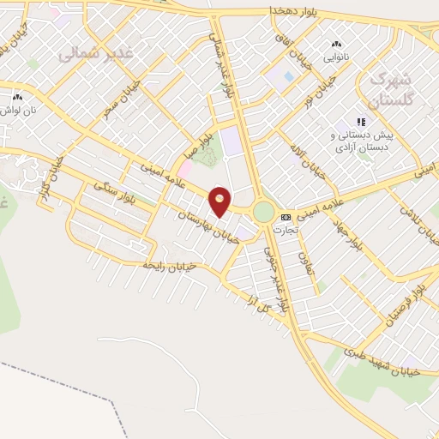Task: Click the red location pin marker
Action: (220, 201)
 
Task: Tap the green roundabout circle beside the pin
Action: (263, 211)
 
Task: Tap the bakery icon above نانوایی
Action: (335, 44)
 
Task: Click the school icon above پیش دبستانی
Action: (362, 122)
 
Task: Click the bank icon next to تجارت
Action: (286, 217)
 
